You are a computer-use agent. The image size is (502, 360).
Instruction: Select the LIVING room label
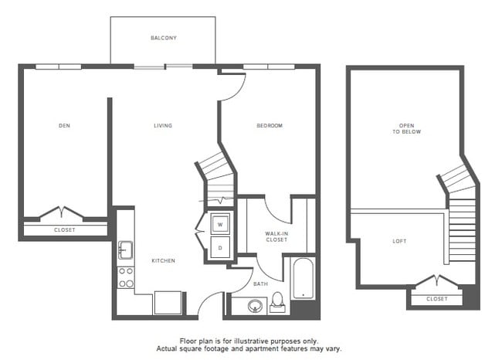(x=163, y=125)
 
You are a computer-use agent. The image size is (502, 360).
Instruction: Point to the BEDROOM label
(x=270, y=125)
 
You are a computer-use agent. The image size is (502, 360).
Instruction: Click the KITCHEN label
(x=163, y=261)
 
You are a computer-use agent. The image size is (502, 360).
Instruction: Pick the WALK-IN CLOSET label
(x=276, y=236)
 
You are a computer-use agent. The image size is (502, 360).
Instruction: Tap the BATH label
(x=261, y=284)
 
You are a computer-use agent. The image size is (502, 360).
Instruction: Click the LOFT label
(x=399, y=241)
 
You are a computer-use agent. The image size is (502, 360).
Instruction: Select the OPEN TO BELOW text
(x=407, y=128)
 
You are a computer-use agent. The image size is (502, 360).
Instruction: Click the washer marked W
(x=219, y=224)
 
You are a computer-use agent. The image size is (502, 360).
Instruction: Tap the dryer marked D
(x=219, y=248)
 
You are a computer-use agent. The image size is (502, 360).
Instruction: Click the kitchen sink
(x=125, y=250)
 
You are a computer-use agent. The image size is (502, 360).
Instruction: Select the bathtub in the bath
(x=302, y=279)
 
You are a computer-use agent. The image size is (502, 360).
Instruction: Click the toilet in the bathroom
(x=278, y=302)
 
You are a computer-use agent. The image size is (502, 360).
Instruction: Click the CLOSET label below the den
(x=65, y=229)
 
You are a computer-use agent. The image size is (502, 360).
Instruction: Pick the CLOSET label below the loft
(x=437, y=298)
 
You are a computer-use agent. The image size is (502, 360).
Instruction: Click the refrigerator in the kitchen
(x=167, y=302)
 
